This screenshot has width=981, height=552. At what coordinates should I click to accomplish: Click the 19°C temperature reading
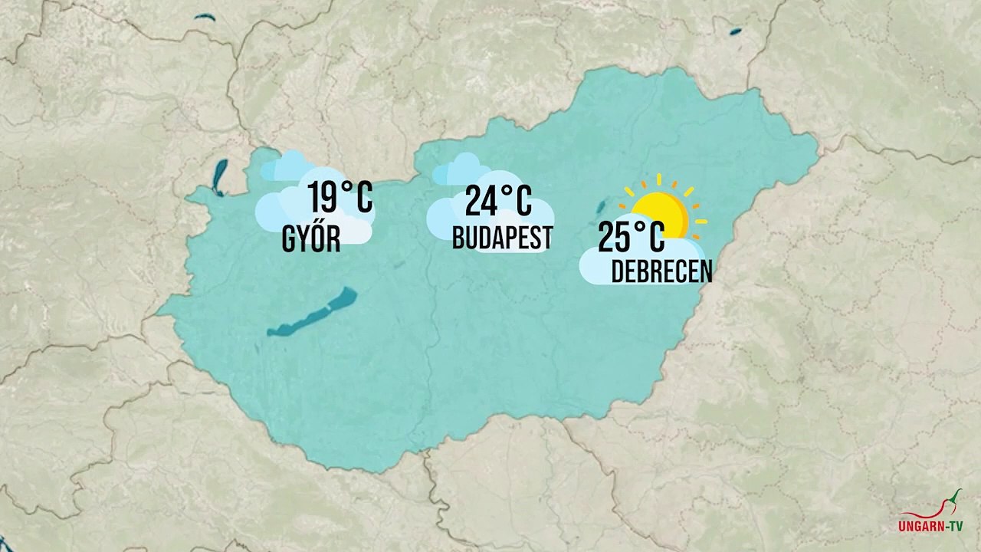(x=340, y=198)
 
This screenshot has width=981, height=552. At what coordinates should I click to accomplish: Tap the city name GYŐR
(x=311, y=240)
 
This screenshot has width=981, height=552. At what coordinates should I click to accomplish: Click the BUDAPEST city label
(x=502, y=238)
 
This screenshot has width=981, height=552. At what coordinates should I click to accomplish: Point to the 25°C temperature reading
(x=631, y=237)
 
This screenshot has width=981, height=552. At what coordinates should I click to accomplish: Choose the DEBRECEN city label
(x=661, y=271)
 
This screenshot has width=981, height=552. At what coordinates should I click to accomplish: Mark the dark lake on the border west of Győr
(x=220, y=177)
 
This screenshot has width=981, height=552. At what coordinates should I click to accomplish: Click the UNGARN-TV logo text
(x=930, y=527)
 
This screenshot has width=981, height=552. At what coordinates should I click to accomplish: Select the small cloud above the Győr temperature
(x=285, y=166)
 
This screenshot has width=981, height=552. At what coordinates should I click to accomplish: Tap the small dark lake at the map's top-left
(x=205, y=17)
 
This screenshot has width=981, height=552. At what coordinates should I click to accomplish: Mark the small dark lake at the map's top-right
(x=735, y=32)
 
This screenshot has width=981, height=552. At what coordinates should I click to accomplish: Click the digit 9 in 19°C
(x=326, y=199)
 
